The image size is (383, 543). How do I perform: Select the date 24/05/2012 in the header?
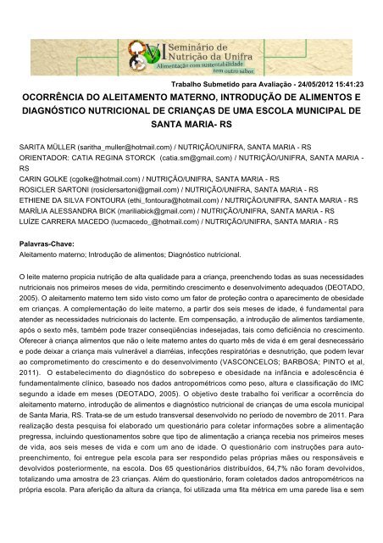click(307, 86)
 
